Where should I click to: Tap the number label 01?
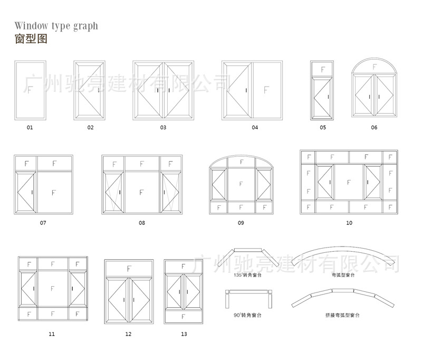click(x=30, y=127)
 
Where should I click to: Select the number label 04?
click(x=255, y=127)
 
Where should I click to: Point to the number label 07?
click(x=43, y=223)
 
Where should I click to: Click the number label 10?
click(x=349, y=223)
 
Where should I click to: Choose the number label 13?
click(x=184, y=334)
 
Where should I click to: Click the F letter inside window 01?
click(x=30, y=91)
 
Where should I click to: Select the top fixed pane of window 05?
click(x=322, y=69)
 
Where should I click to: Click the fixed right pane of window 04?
click(x=266, y=91)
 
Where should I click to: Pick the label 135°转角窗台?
click(x=248, y=275)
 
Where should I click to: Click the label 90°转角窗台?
click(x=247, y=315)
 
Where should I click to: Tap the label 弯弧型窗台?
click(x=343, y=275)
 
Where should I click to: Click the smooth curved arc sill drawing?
click(x=343, y=257)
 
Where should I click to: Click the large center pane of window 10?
click(x=349, y=182)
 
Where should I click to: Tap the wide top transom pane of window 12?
click(x=129, y=269)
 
